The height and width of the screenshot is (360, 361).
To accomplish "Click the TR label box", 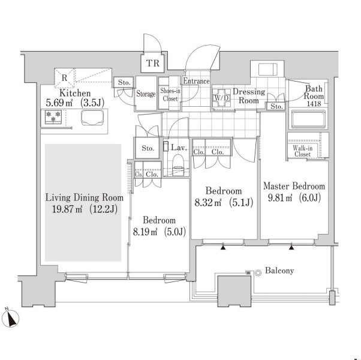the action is point(153,63).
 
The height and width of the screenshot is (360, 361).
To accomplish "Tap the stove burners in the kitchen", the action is point(53,117).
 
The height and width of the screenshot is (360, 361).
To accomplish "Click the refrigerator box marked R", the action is point(64,78).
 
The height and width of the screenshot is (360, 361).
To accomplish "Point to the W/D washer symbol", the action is point(221,98).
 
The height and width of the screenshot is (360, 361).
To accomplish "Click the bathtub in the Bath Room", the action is point(308,119).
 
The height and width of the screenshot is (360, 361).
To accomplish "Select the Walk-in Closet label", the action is point(302,151).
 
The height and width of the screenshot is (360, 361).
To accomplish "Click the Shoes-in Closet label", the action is point(170,95).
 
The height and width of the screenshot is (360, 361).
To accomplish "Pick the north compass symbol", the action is point(10,317).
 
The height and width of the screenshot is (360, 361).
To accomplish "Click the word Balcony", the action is point(279,271).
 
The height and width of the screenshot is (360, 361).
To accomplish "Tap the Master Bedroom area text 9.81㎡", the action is point(280,197).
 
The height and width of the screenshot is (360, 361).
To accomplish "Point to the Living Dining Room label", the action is point(85,197).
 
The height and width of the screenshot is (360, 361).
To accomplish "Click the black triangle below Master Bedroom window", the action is point(291,247).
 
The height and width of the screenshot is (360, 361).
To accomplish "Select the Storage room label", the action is point(146,94).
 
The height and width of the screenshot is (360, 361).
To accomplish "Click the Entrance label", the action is point(196,81).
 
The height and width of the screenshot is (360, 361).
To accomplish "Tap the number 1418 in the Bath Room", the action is point(314,104).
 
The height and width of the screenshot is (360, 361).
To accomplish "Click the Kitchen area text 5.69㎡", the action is point(59,103).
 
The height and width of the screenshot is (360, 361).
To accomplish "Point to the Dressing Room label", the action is point(249,96).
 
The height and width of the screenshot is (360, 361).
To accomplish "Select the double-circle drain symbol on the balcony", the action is point(258,273).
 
